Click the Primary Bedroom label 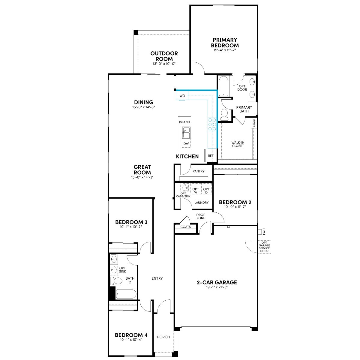click(x=225, y=43)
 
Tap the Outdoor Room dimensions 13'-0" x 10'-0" click(x=164, y=64)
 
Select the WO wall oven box click(x=182, y=96)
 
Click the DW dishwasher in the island click(x=186, y=143)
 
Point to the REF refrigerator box click(x=211, y=155)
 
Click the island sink click(x=186, y=133)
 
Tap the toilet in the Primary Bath click(x=224, y=114)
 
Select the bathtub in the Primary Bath click(x=223, y=86)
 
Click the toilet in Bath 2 click(x=116, y=280)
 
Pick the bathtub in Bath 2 click(x=126, y=294)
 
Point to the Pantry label click(x=198, y=171)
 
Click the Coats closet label click(x=185, y=226)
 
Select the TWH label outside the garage click(x=264, y=232)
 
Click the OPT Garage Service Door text click(x=264, y=247)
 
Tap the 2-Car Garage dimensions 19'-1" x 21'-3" click(x=217, y=287)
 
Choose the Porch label click(x=163, y=337)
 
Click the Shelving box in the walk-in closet click(x=254, y=123)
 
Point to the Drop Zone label click(x=201, y=216)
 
